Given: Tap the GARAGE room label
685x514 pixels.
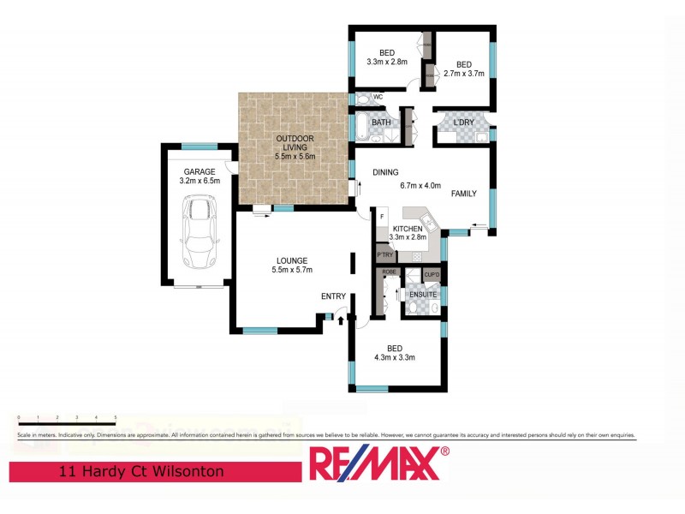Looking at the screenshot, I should [x=200, y=171].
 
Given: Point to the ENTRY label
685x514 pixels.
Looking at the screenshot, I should [x=333, y=296].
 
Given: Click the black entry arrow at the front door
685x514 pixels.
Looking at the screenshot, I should [x=342, y=320].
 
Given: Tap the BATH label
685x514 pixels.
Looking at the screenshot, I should [x=381, y=123].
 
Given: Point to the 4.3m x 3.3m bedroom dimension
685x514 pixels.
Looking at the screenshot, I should [x=394, y=357].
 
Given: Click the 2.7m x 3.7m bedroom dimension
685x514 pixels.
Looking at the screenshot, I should [x=463, y=74].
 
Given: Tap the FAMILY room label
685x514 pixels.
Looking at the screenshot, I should [x=464, y=194].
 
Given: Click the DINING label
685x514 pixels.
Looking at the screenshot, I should [x=385, y=172].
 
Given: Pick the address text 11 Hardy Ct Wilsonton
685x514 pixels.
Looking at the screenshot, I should [x=141, y=471].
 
